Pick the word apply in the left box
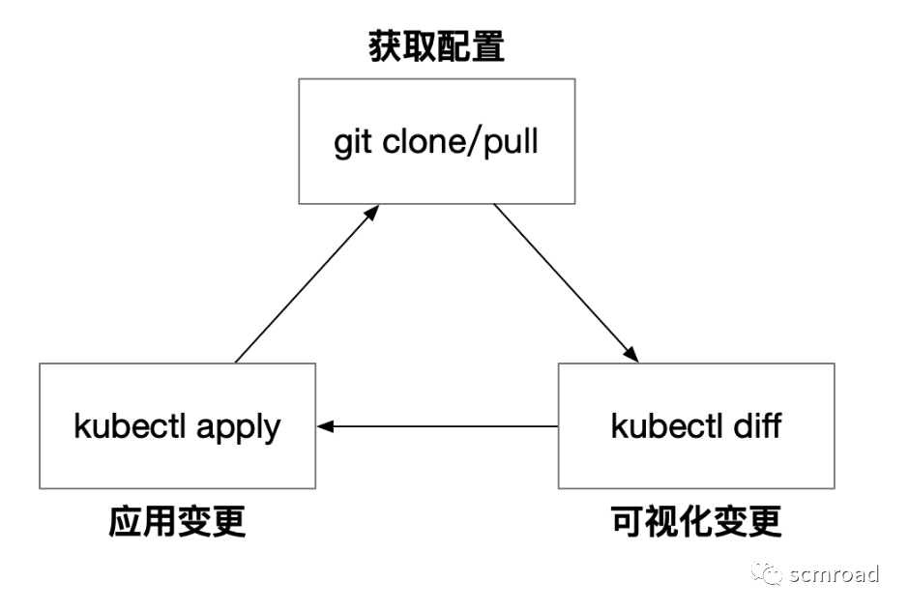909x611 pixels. tap(239, 427)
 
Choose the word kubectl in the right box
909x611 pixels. tap(667, 425)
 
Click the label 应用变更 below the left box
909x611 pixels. tap(177, 522)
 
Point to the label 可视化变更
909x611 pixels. tap(696, 522)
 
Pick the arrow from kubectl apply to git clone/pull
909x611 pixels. tap(305, 283)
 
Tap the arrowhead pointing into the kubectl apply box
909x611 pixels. tap(326, 425)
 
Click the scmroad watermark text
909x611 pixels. tap(834, 574)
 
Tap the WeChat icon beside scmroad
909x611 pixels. tap(769, 574)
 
